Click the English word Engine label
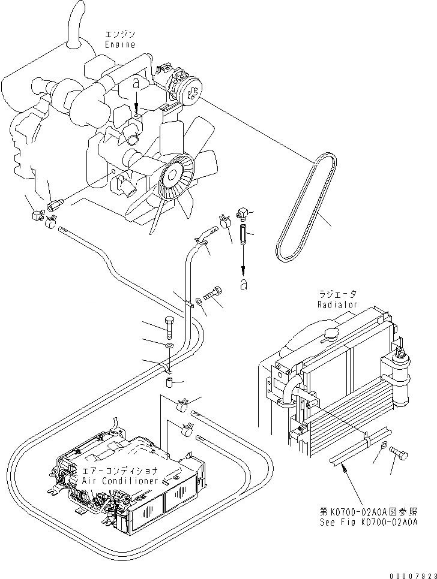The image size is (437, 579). pos(120,44)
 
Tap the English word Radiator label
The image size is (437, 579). pos(337,304)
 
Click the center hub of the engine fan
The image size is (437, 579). pos(175,174)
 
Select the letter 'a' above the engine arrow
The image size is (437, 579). pos(137,85)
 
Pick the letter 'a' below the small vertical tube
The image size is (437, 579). pos(243,284)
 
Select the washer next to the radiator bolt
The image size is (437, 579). pos(382,445)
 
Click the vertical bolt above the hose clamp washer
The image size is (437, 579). pos(169,326)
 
